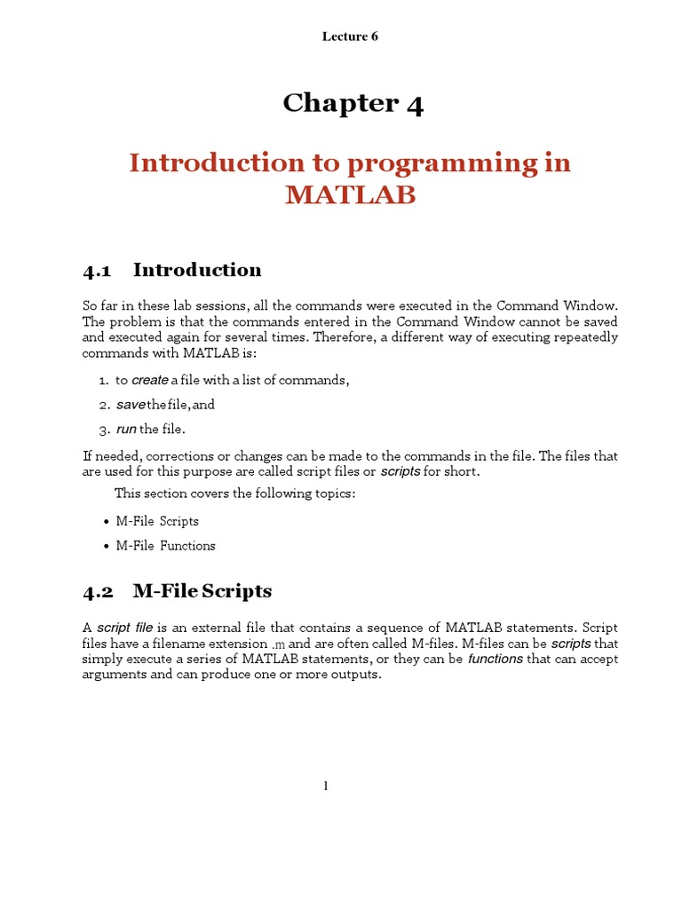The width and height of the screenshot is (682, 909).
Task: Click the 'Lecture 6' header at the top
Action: coord(350,36)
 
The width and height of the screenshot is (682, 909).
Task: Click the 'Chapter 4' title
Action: coord(353,104)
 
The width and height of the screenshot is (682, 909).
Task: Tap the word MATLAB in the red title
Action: coord(350,195)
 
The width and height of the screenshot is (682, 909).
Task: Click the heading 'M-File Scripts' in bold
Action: coord(202,590)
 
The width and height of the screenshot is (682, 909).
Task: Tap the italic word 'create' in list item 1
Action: coord(150,381)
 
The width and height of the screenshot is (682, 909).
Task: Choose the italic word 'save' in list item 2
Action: coord(130,405)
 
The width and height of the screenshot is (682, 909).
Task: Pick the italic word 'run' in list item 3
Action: coord(126,430)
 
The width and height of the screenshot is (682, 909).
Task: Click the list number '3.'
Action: coord(104,430)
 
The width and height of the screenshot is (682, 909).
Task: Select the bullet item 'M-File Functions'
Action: coord(166,546)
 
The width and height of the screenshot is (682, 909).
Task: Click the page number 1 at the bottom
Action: coord(326,786)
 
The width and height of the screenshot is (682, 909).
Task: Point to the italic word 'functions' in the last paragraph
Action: coord(495,659)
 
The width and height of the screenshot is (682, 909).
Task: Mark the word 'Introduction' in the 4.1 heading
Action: coord(197,270)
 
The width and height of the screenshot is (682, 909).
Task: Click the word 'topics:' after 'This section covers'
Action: coord(334,494)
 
